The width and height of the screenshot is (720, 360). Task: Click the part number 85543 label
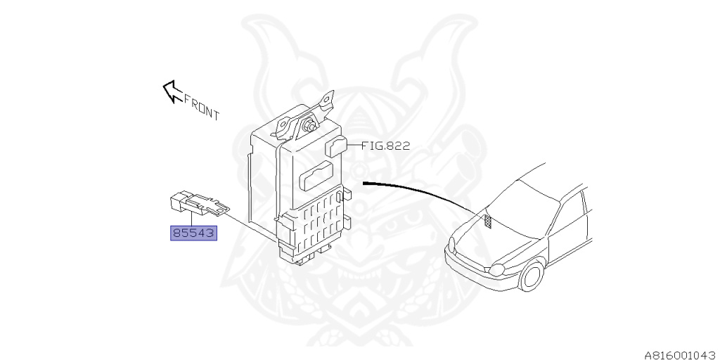193,232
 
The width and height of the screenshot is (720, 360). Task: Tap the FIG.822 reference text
385,146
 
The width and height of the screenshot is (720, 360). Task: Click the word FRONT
202,108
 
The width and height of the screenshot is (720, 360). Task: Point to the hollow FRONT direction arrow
172,91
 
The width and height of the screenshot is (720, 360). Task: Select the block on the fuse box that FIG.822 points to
337,146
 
